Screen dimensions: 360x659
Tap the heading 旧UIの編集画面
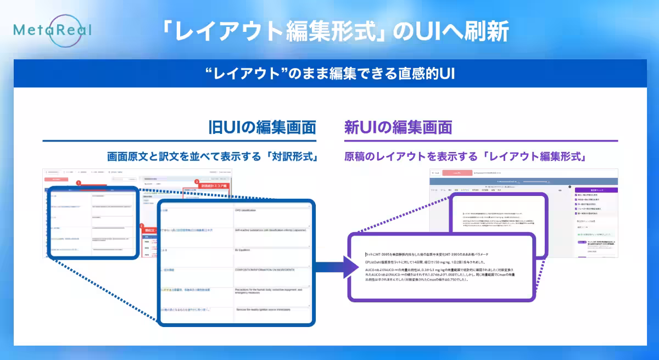point(263,127)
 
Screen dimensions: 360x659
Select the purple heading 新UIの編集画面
point(398,127)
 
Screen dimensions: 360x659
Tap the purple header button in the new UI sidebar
point(595,189)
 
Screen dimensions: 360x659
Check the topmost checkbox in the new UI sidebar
point(576,195)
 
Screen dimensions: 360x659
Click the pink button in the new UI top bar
point(456,172)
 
